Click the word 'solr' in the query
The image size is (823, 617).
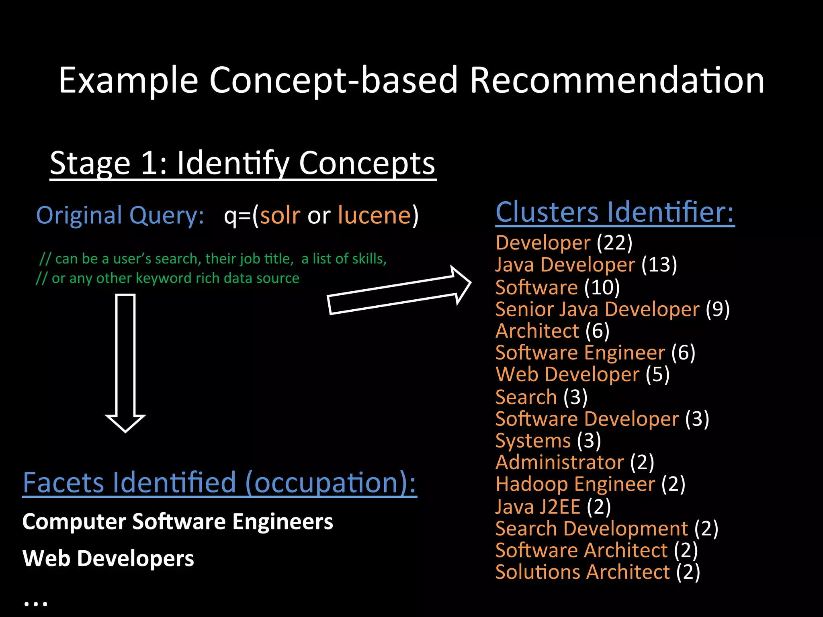pyautogui.click(x=280, y=216)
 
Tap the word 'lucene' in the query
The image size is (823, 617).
pyautogui.click(x=374, y=216)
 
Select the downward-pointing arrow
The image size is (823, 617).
pyautogui.click(x=125, y=362)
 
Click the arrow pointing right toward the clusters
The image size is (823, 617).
pyautogui.click(x=398, y=291)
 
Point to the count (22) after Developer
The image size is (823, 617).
pyautogui.click(x=614, y=243)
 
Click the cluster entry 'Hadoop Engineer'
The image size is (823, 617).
pyautogui.click(x=575, y=484)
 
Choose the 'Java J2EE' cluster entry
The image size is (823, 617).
pyautogui.click(x=538, y=507)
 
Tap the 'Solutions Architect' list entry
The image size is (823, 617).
pyautogui.click(x=583, y=572)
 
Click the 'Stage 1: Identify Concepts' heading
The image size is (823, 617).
pyautogui.click(x=243, y=163)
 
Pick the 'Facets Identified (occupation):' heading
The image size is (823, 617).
pyautogui.click(x=219, y=483)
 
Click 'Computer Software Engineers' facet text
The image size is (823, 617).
pyautogui.click(x=178, y=522)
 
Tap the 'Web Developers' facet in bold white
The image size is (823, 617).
pyautogui.click(x=108, y=559)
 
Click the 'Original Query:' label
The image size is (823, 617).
pyautogui.click(x=120, y=216)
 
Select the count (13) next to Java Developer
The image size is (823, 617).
pyautogui.click(x=659, y=265)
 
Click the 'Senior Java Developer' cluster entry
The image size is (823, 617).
pyautogui.click(x=598, y=309)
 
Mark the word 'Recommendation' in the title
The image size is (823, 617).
pyautogui.click(x=617, y=80)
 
